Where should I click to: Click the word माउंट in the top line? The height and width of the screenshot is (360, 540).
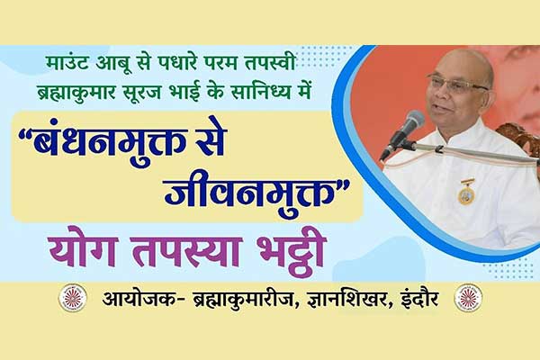point(67,65)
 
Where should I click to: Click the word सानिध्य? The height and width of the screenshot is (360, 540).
point(261,92)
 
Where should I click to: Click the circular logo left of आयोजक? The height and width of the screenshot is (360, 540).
point(72,298)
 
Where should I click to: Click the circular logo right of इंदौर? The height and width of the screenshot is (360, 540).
point(468,298)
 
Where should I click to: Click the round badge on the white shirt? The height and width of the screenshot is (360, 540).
point(466,194)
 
